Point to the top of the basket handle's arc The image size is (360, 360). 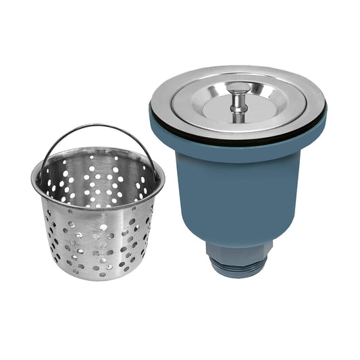point(98,125)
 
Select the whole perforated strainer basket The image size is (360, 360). point(98,209)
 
